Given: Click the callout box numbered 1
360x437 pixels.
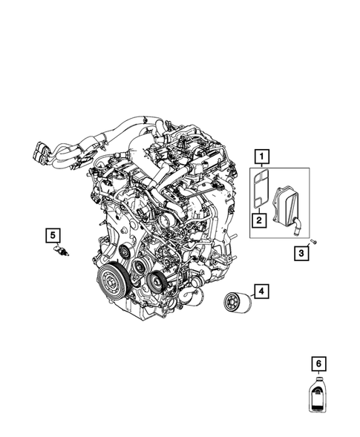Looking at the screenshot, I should (261, 157).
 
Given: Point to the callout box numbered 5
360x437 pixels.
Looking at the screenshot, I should (53, 236).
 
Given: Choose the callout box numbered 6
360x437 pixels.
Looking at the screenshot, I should (318, 364).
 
